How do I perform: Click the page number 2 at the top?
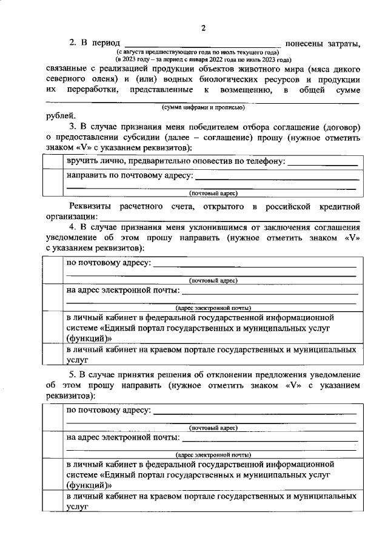(204, 28)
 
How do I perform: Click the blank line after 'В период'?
(202, 44)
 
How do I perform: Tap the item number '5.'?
(73, 375)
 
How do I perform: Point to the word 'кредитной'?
(341, 206)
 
